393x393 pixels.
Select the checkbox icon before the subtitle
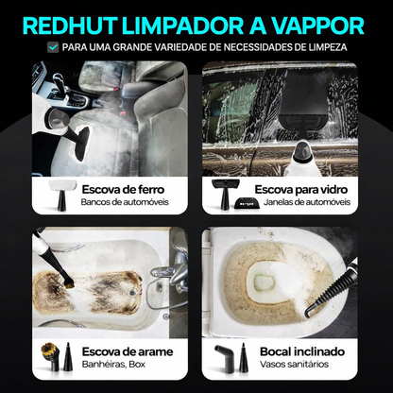[x=55, y=46]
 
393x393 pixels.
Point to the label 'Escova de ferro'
[x=122, y=188]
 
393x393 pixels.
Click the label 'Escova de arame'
[x=123, y=352]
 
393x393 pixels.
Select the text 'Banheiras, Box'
[x=111, y=367]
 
